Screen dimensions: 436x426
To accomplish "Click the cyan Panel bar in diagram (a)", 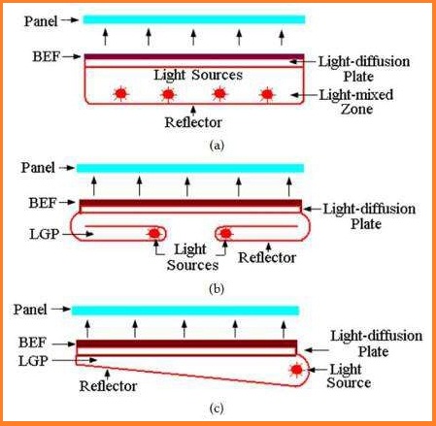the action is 194,19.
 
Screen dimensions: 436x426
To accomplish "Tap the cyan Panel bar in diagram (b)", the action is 190,168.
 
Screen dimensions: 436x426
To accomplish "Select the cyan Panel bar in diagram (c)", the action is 185,311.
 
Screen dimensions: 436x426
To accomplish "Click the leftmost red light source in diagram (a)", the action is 121,94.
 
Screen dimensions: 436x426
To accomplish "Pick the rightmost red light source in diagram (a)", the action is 267,94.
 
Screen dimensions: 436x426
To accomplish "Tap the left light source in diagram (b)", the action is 154,233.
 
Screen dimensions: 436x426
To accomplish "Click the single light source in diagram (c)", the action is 296,370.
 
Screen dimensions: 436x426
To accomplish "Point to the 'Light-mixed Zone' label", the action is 356,102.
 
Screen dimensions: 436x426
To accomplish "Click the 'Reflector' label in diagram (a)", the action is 193,122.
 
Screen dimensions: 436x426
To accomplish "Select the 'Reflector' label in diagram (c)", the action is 108,386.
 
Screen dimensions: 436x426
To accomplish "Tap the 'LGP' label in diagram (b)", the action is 45,234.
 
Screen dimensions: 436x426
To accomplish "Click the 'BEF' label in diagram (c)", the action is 33,343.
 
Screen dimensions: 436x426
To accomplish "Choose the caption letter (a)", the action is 217,146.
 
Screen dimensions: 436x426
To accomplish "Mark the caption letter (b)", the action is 217,288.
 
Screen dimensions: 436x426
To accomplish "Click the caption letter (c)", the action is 217,409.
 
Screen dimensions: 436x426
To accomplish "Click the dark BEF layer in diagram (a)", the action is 194,57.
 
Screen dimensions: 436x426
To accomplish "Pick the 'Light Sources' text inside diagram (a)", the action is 198,75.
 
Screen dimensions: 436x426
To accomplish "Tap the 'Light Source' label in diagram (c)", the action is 349,377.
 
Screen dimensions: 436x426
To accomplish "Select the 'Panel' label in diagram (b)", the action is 38,168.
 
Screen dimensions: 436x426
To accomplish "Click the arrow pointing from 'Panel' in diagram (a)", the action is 70,20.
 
